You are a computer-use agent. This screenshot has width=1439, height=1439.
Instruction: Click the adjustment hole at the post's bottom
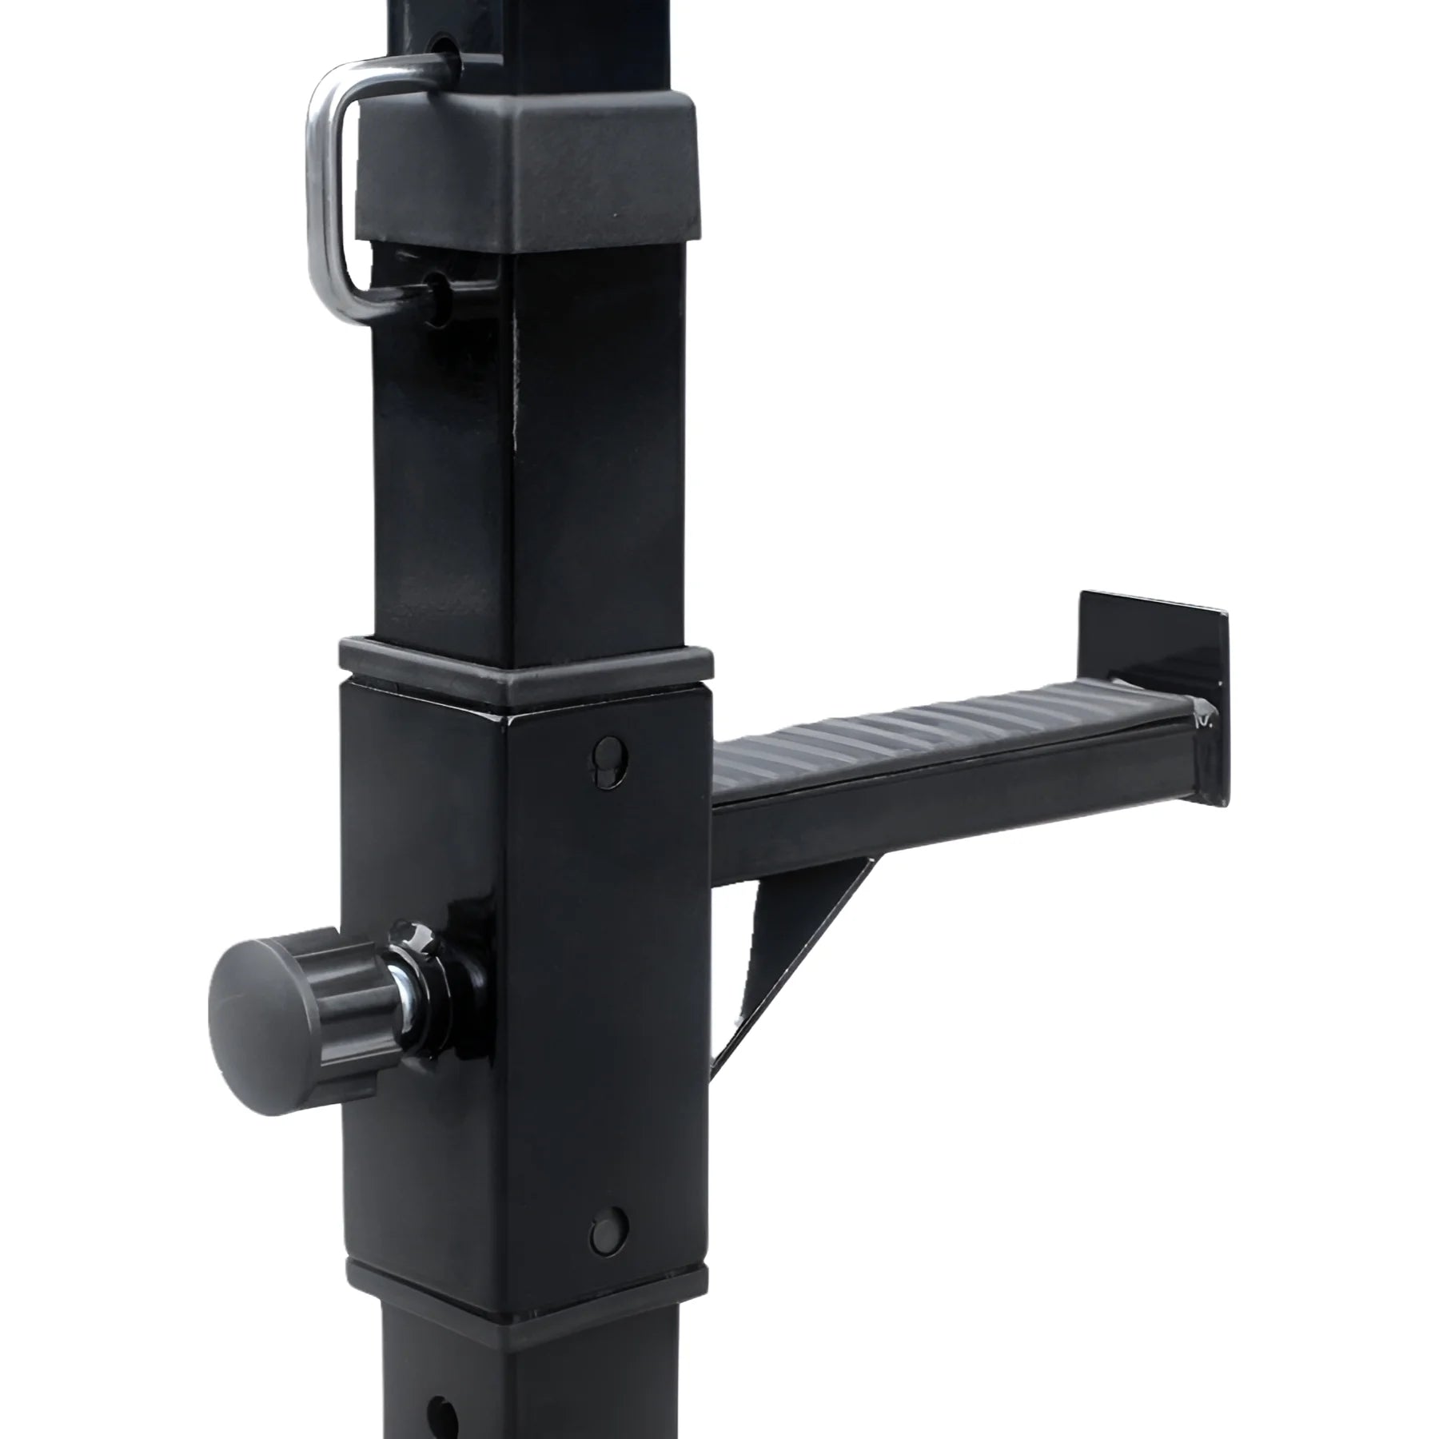[439, 1407]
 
